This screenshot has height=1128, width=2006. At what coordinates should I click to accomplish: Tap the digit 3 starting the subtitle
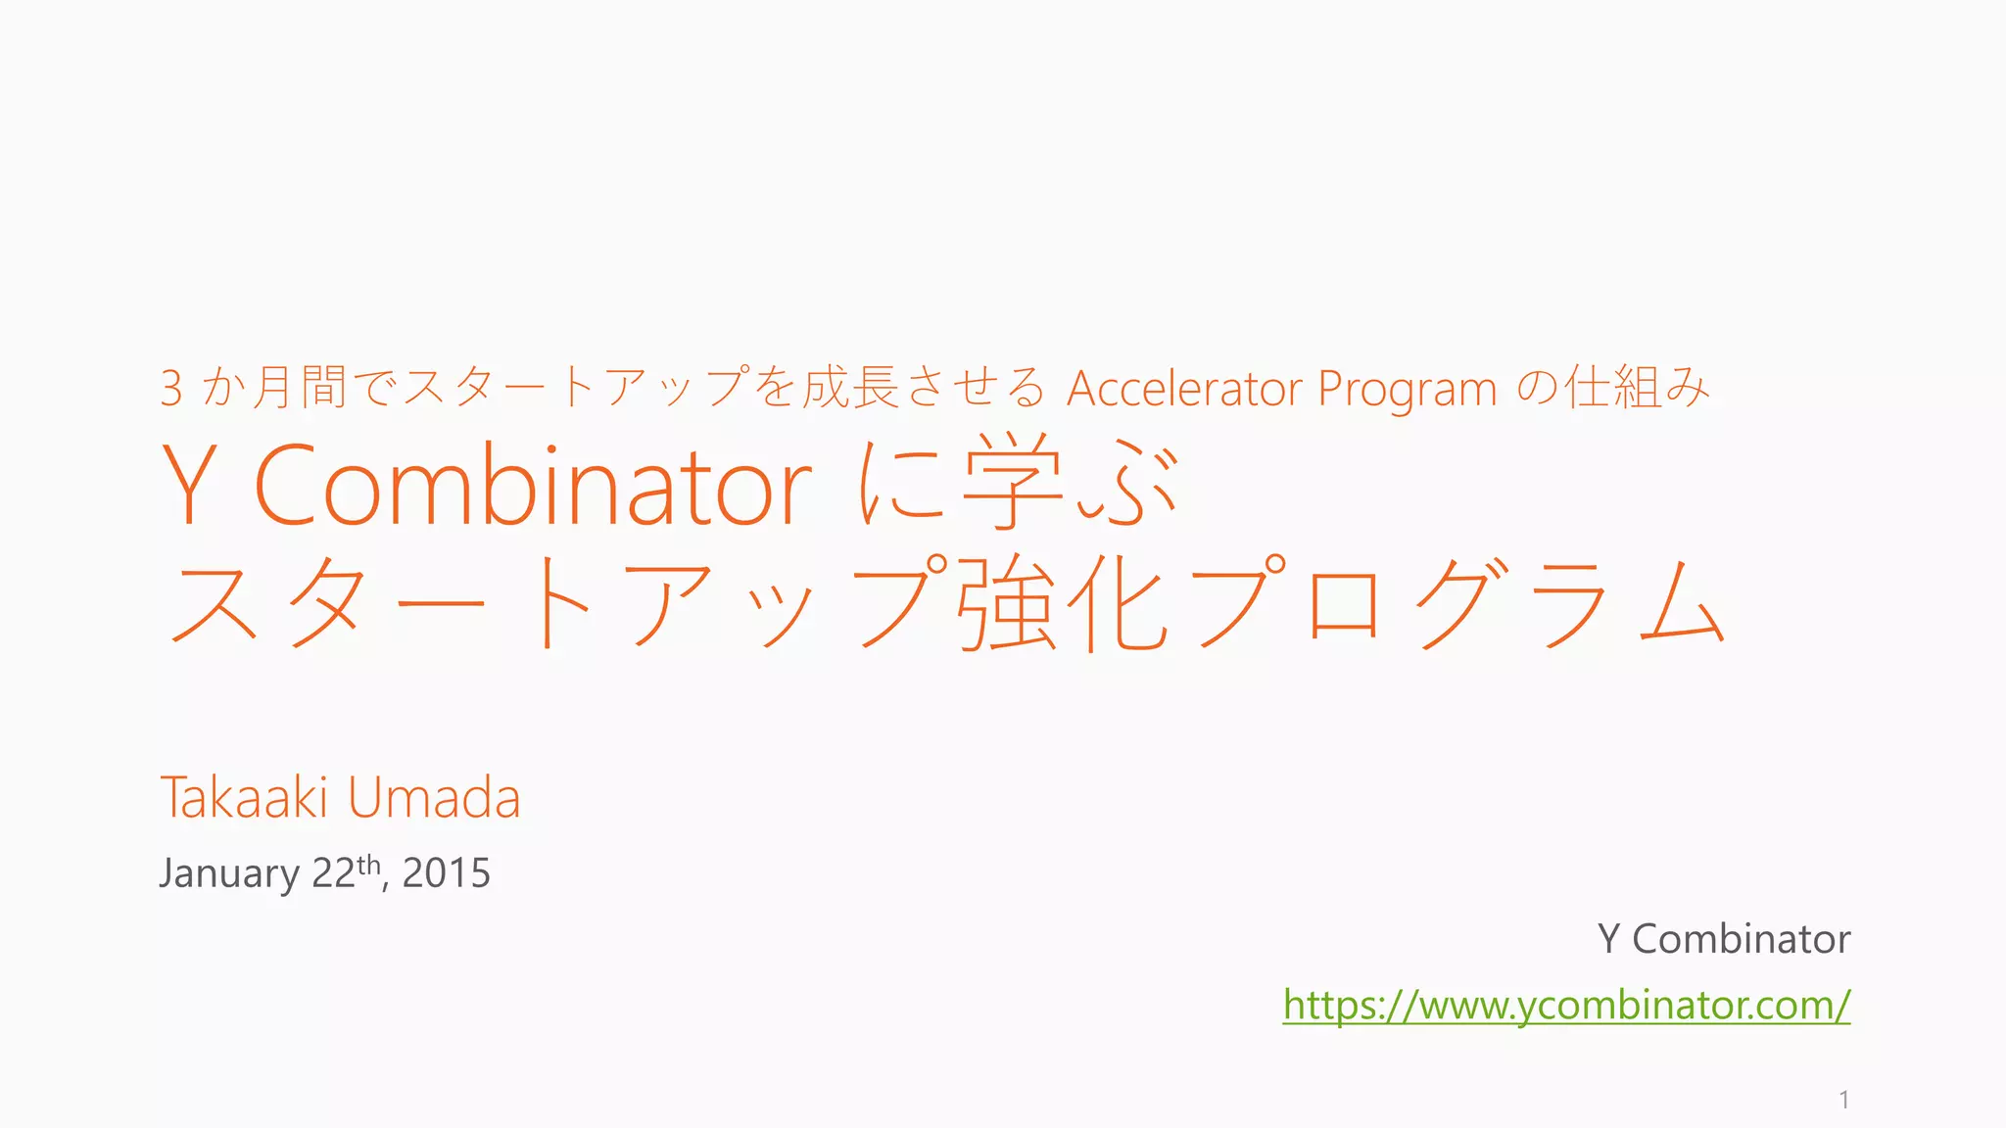tap(171, 389)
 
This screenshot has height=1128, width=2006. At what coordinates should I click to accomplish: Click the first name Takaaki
tap(244, 797)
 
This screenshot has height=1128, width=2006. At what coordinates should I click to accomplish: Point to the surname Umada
tap(434, 797)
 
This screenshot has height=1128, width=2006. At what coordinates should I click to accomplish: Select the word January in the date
tap(229, 873)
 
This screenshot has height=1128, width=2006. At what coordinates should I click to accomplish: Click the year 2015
tap(447, 873)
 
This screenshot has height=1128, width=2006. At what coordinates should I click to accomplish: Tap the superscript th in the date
tap(368, 864)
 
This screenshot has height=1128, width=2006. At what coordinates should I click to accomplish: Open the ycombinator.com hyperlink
tap(1566, 1005)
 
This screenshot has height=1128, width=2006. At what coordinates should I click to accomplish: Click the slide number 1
tap(1844, 1100)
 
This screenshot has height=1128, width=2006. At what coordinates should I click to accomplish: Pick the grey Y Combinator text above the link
tap(1724, 939)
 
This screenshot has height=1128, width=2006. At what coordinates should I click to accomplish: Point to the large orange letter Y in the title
tap(189, 485)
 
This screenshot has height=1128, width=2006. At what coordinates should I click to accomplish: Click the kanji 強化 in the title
tap(1063, 601)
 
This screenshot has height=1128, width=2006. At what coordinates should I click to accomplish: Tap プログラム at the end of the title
tap(1459, 601)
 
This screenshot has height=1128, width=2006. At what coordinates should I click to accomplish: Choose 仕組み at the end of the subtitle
tap(1637, 387)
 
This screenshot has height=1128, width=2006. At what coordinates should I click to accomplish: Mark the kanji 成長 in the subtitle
tap(850, 387)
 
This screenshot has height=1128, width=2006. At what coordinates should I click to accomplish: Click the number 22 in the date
tap(333, 873)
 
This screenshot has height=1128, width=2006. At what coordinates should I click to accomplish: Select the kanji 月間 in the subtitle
tap(299, 387)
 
